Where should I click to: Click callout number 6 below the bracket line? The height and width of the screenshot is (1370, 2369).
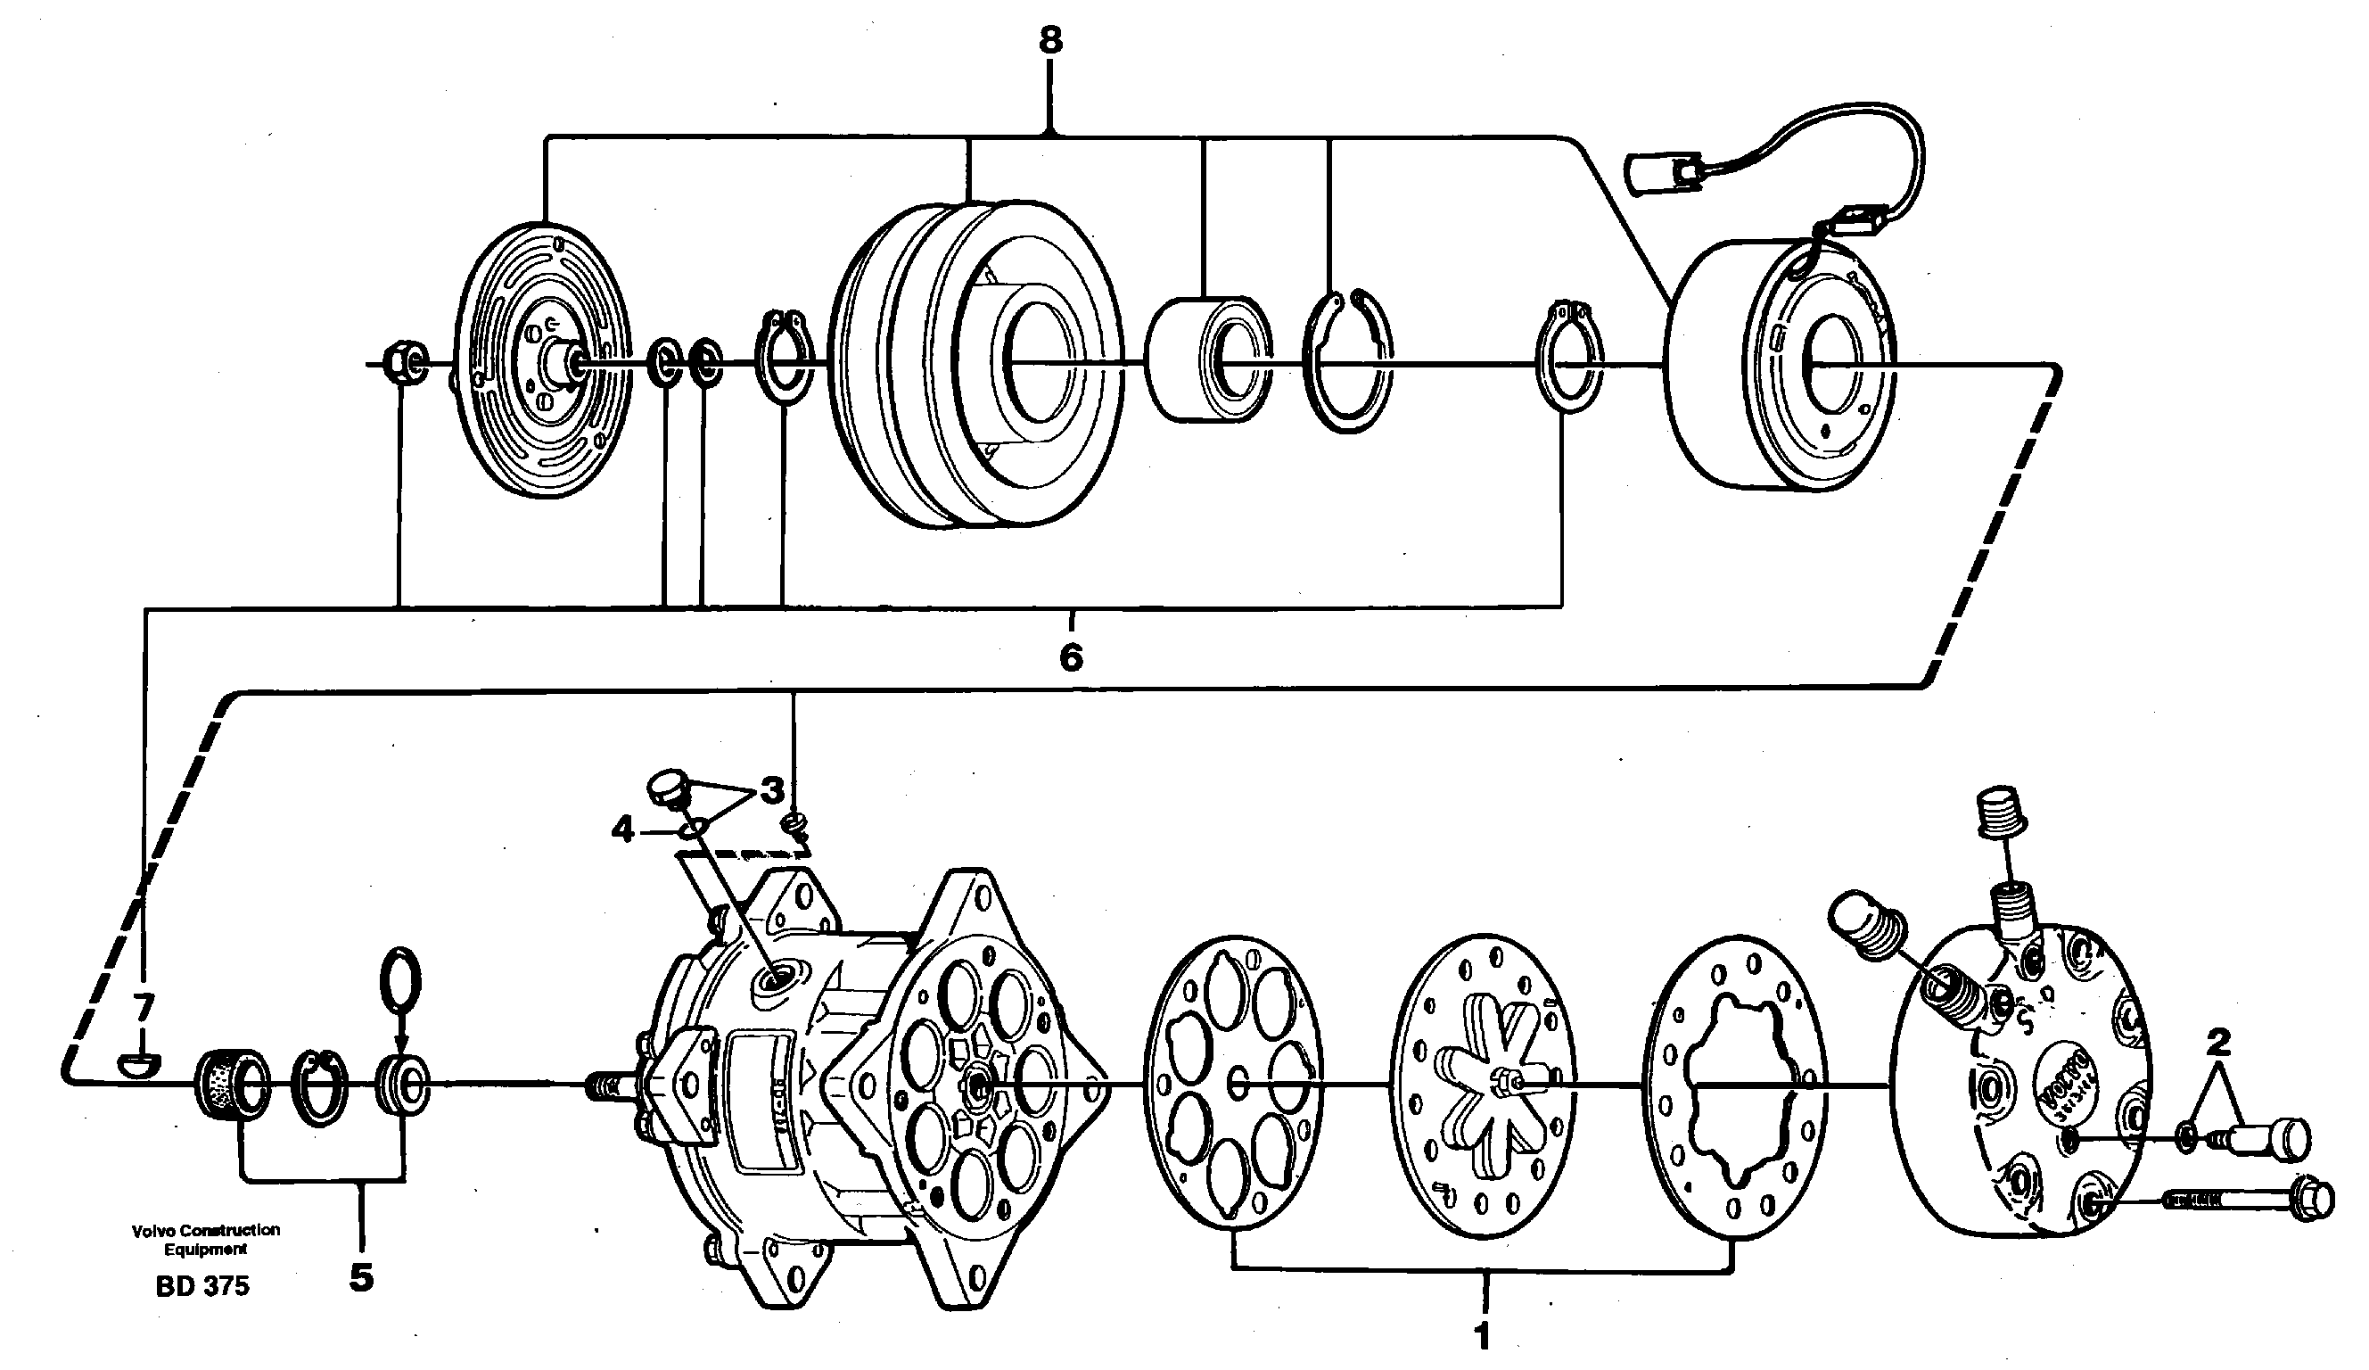point(1071,657)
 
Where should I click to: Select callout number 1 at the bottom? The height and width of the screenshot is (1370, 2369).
point(1483,1336)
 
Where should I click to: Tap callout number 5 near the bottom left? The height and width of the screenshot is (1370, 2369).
point(362,1277)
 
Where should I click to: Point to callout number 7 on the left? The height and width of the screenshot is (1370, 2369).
point(142,1009)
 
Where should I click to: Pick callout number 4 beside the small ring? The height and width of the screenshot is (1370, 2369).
point(623,830)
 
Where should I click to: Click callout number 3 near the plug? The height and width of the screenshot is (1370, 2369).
point(772,792)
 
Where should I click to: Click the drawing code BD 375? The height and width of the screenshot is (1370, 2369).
point(203,1286)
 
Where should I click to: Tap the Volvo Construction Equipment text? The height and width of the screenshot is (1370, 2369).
point(206,1239)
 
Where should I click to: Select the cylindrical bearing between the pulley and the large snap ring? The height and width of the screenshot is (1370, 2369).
point(1208,359)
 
